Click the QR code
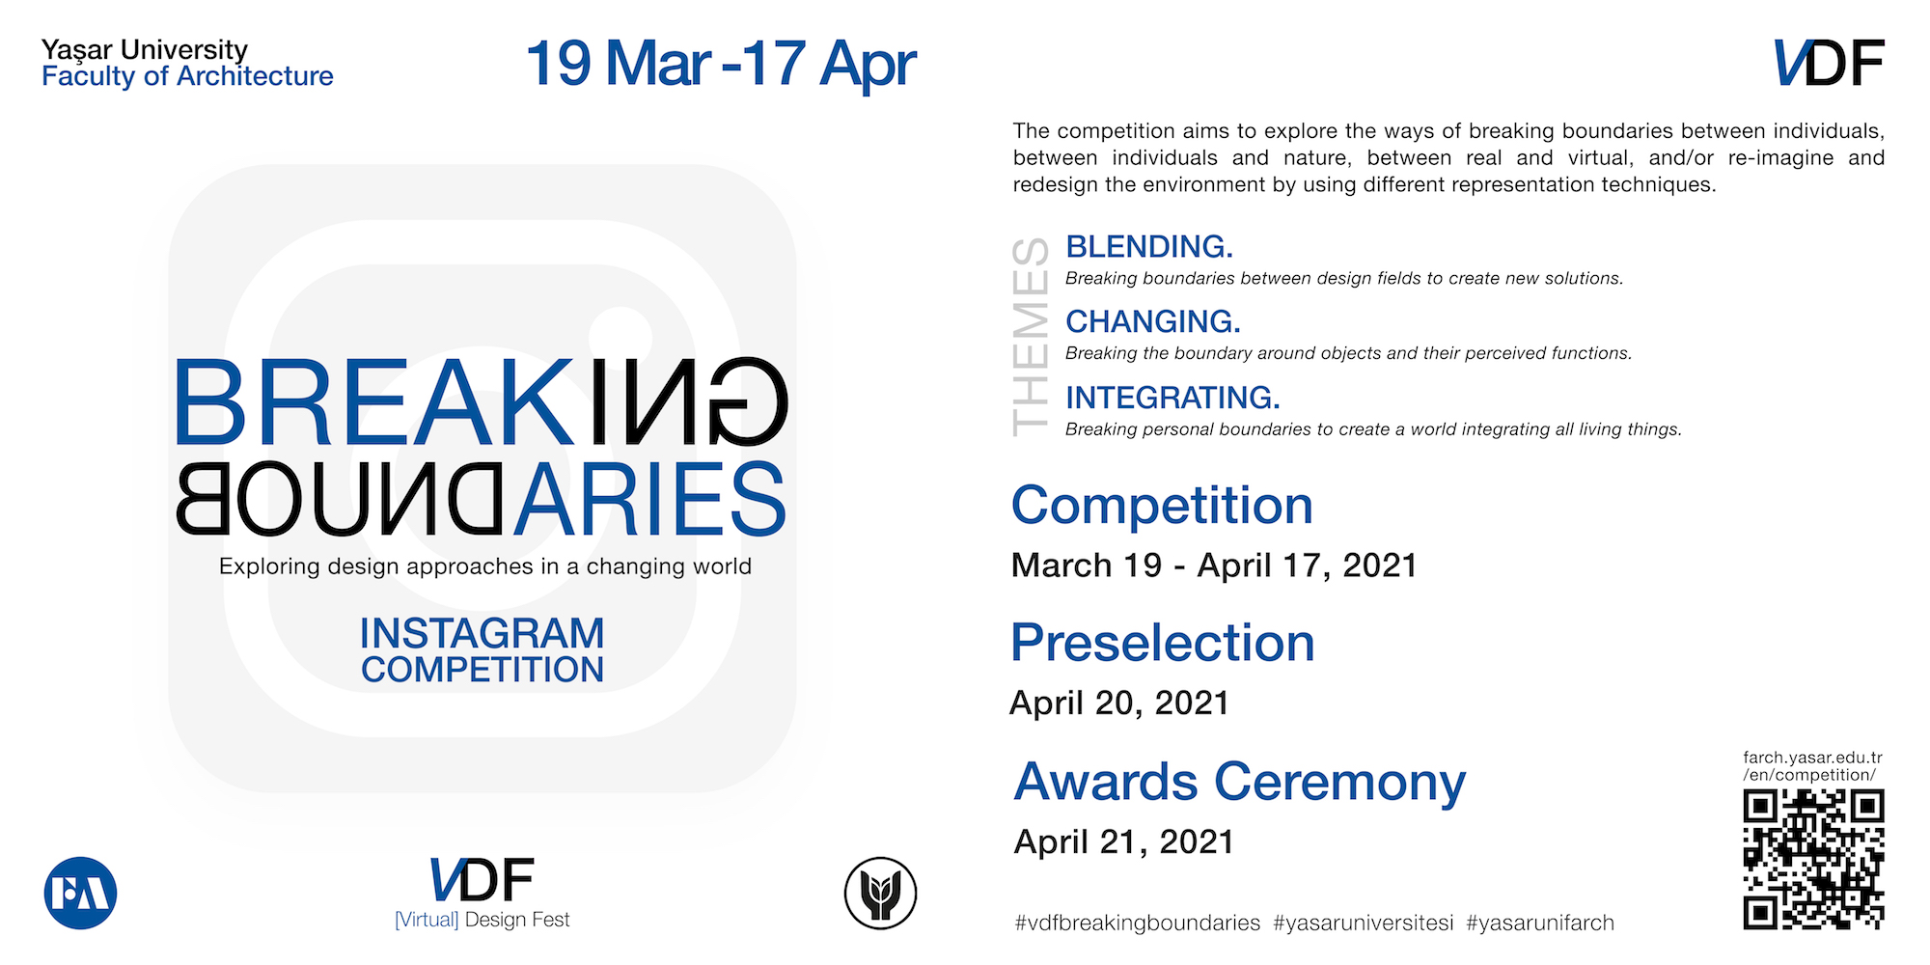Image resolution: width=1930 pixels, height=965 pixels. (x=1813, y=860)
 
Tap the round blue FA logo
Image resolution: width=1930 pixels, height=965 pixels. (x=81, y=894)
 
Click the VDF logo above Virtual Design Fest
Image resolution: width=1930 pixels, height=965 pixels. (x=482, y=880)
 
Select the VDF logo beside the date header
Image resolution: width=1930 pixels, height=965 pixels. (x=1829, y=63)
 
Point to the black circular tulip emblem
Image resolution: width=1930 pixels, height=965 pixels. (x=880, y=894)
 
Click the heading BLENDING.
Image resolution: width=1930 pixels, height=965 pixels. (x=1149, y=247)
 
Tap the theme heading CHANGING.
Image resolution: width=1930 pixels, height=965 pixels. (x=1153, y=321)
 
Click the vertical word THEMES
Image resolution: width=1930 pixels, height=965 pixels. (x=1031, y=338)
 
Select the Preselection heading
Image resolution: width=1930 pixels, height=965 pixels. (x=1163, y=643)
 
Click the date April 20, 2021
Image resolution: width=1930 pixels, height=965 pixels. (x=1119, y=703)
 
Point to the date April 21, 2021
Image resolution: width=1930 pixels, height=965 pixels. (x=1123, y=841)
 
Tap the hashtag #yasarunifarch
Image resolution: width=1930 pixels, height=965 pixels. (x=1540, y=924)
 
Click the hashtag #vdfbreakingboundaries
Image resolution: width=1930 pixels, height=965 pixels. (x=1137, y=924)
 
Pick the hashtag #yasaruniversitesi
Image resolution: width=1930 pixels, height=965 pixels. (x=1363, y=924)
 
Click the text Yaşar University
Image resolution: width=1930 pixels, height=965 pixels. (x=145, y=50)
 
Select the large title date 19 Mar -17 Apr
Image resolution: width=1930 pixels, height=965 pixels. (x=721, y=64)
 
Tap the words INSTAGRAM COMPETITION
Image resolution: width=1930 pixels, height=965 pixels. (x=482, y=651)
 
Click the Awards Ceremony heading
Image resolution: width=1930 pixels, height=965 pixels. (x=1240, y=782)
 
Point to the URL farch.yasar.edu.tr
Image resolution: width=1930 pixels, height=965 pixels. (x=1812, y=758)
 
